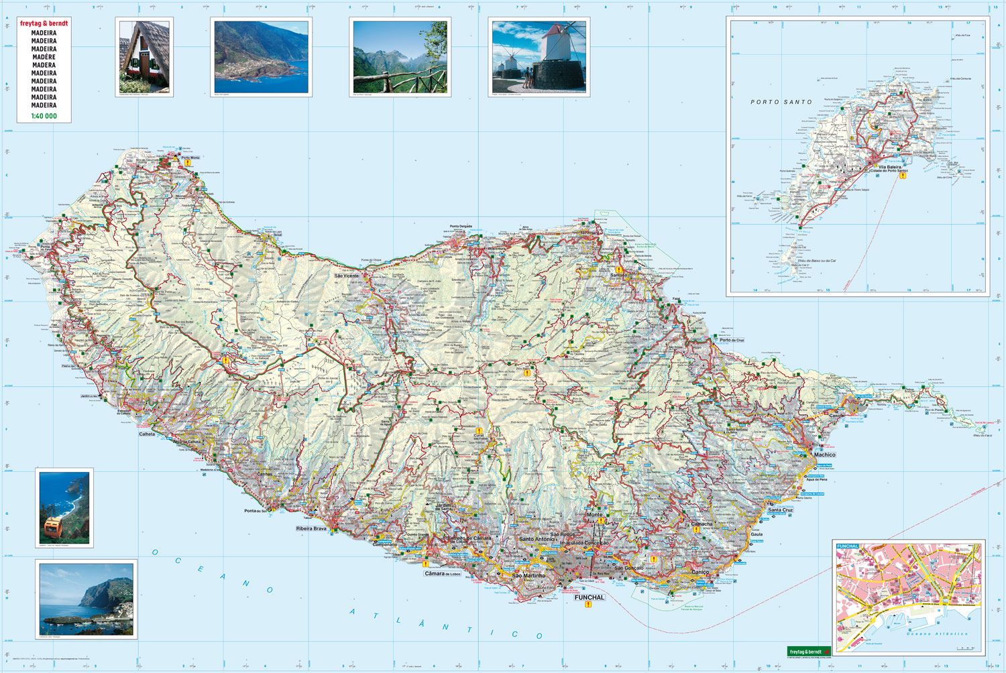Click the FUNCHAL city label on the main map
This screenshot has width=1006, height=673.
pyautogui.click(x=590, y=597)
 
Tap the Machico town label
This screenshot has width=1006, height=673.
pyautogui.click(x=825, y=454)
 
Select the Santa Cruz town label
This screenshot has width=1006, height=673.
pyautogui.click(x=780, y=510)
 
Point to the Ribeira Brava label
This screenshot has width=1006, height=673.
pyautogui.click(x=311, y=529)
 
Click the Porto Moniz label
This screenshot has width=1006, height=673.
pyautogui.click(x=190, y=158)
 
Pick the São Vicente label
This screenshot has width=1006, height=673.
pyautogui.click(x=347, y=276)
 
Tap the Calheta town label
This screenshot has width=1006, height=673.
pyautogui.click(x=147, y=434)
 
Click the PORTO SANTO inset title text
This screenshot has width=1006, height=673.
pyautogui.click(x=781, y=102)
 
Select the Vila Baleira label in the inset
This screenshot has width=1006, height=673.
pyautogui.click(x=889, y=167)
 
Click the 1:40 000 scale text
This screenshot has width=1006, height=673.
pyautogui.click(x=44, y=116)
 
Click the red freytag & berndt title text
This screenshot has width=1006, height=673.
pyautogui.click(x=44, y=23)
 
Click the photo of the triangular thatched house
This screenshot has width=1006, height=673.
pyautogui.click(x=144, y=57)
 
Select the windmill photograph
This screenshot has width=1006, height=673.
pyautogui.click(x=539, y=57)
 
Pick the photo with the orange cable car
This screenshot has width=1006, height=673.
pyautogui.click(x=64, y=508)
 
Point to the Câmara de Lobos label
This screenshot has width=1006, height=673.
pyautogui.click(x=443, y=574)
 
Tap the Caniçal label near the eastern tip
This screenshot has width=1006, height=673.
pyautogui.click(x=838, y=416)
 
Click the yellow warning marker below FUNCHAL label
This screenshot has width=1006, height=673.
pyautogui.click(x=589, y=605)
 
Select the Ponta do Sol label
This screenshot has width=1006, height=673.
pyautogui.click(x=256, y=511)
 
